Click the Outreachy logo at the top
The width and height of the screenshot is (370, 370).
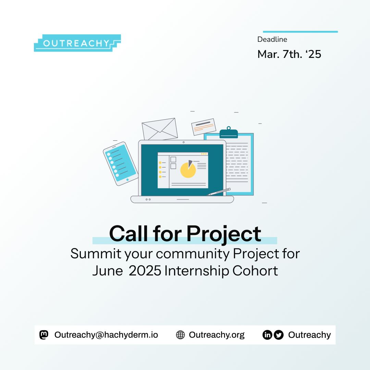77,43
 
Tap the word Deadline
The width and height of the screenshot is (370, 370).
272,39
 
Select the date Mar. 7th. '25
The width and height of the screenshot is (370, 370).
289,54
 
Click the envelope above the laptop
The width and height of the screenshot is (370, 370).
160,128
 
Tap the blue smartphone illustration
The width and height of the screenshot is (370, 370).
121,163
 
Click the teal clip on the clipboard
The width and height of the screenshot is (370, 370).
229,133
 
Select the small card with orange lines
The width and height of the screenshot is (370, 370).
203,127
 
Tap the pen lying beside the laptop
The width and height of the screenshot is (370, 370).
219,192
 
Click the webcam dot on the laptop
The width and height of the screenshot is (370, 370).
184,142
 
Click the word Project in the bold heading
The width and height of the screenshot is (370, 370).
224,234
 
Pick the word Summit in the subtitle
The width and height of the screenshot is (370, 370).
96,254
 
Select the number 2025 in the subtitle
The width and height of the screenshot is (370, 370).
145,271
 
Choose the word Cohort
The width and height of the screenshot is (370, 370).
255,271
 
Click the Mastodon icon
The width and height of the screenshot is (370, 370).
44,335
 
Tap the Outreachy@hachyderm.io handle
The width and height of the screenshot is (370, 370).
106,335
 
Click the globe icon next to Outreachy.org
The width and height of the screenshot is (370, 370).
181,335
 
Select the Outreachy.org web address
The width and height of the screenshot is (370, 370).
217,335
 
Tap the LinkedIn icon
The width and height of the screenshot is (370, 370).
267,335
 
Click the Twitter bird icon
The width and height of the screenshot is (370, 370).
279,335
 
